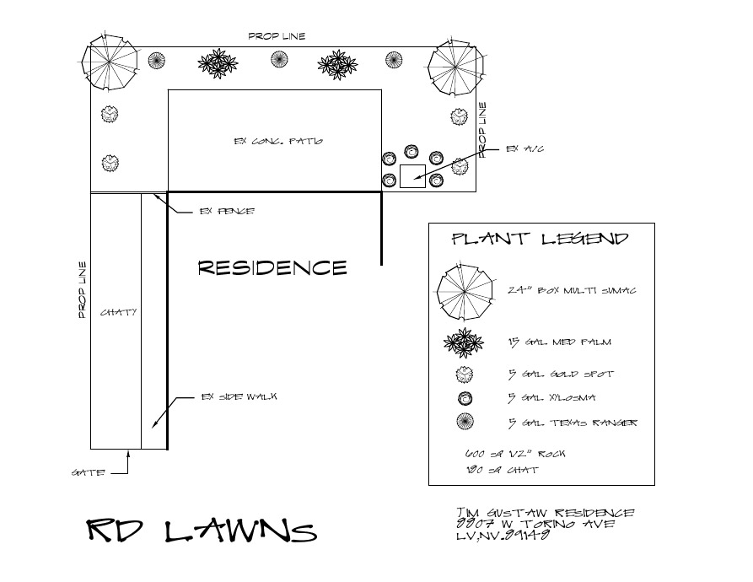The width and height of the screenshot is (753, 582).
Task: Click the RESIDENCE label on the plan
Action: coord(272,268)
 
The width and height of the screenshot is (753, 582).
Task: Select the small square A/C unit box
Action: coord(412,177)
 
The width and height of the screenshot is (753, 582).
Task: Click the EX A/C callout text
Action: coord(524,148)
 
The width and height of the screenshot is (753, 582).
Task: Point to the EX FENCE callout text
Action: coord(226,212)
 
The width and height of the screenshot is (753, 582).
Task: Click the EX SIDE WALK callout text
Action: coord(240,396)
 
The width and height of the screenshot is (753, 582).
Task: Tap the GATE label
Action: coord(89,473)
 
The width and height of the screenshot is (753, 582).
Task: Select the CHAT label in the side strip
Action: coord(119,312)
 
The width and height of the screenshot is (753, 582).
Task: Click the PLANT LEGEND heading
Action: coord(541,239)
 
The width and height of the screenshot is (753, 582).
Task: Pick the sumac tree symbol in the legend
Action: coord(465,290)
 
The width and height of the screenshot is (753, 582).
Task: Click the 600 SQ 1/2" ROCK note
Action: coord(509,454)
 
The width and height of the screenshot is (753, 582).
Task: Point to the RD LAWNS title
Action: coord(202,531)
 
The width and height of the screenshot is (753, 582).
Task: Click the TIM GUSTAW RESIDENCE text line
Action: coord(544,513)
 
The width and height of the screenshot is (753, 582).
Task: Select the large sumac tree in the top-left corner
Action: coord(110,62)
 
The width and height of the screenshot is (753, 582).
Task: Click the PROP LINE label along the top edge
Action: coord(277,36)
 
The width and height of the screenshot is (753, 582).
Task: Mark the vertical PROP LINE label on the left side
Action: coord(83,290)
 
